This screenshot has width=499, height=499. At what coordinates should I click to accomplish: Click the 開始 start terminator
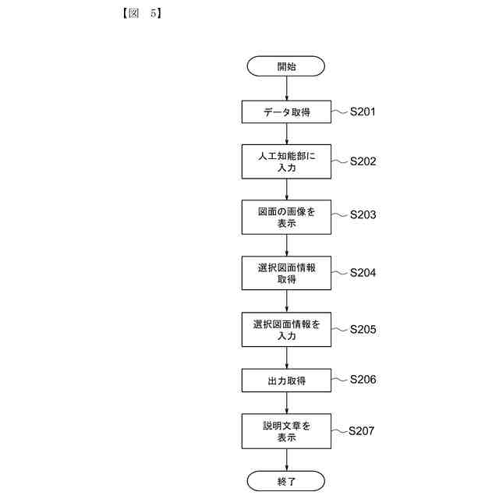click(x=286, y=66)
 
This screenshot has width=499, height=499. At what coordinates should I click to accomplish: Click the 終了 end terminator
click(x=286, y=481)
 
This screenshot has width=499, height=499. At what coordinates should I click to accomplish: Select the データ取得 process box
click(x=286, y=112)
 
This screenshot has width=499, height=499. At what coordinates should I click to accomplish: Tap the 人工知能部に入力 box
click(x=286, y=161)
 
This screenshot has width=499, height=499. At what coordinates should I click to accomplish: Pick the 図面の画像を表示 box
click(x=286, y=217)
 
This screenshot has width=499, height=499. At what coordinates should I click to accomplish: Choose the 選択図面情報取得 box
click(x=286, y=274)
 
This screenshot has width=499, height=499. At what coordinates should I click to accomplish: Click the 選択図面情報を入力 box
click(x=286, y=330)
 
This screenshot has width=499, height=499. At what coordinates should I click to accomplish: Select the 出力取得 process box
click(x=286, y=380)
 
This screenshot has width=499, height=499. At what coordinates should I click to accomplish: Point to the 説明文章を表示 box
click(x=286, y=431)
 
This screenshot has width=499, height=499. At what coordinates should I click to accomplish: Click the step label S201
click(x=363, y=111)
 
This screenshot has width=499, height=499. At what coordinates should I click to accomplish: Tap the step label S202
click(x=363, y=161)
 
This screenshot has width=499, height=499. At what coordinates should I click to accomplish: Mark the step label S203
click(x=363, y=214)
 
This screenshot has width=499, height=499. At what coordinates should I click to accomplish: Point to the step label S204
click(x=363, y=273)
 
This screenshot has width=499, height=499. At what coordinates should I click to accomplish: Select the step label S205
click(x=363, y=329)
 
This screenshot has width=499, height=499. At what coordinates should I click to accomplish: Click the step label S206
click(x=363, y=380)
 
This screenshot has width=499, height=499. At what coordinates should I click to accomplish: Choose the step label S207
click(x=362, y=430)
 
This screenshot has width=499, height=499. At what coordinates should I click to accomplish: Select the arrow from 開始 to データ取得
click(x=286, y=89)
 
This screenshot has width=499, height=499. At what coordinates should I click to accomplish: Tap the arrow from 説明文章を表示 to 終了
click(x=286, y=460)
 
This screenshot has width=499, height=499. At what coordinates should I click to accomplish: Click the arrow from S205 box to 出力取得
click(x=286, y=358)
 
